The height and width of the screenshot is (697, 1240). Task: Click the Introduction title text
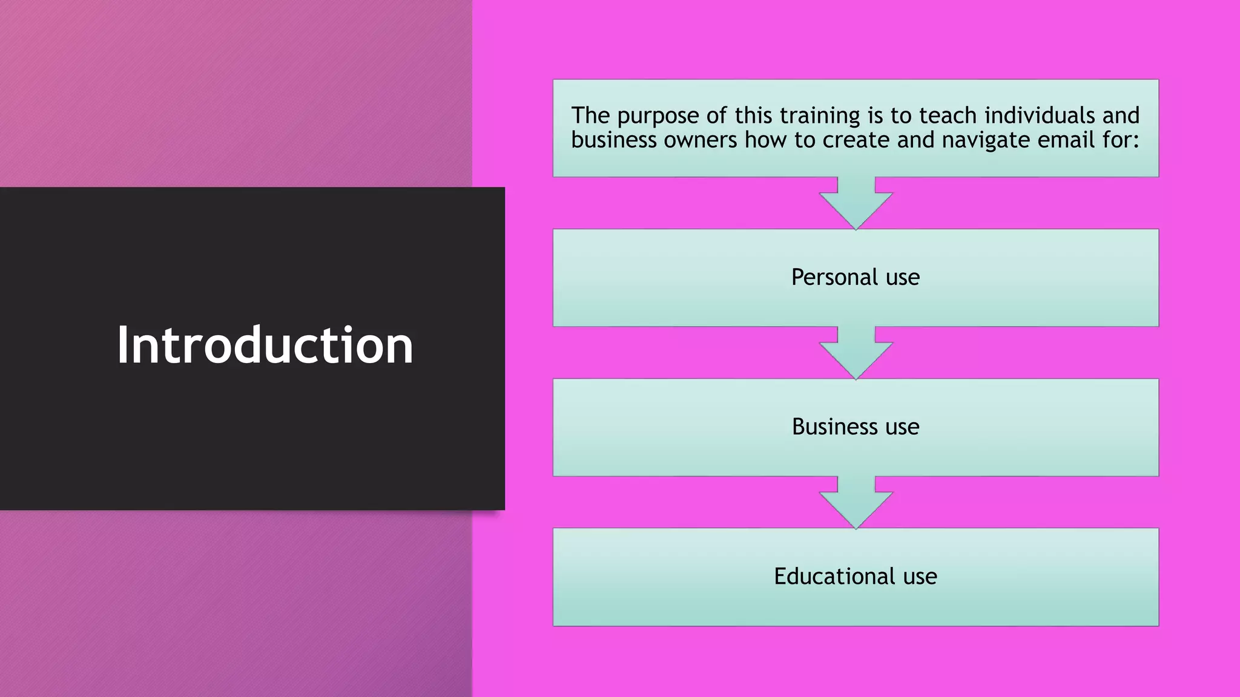(265, 345)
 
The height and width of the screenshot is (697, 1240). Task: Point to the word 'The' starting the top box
(590, 115)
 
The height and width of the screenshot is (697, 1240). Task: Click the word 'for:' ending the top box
(1121, 140)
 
